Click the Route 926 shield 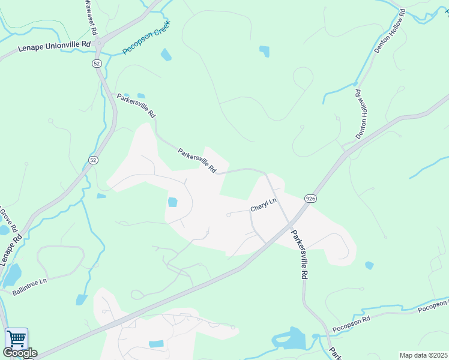tap(310, 199)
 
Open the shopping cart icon tap(16, 338)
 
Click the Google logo tap(20, 353)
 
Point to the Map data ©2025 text tap(424, 355)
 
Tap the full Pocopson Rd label tap(353, 323)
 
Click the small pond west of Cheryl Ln tap(173, 202)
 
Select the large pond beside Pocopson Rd tap(291, 339)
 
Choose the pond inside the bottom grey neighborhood tap(156, 344)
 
